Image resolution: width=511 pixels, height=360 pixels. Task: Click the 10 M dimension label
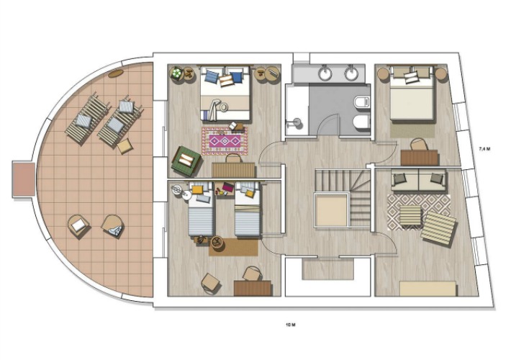point(290,325)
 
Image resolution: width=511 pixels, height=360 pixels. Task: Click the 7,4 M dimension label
point(484,149)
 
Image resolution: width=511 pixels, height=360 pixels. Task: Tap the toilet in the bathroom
point(362,102)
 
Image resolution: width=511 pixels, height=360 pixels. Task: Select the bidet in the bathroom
point(361,121)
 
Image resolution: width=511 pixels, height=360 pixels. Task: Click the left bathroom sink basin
point(325,74)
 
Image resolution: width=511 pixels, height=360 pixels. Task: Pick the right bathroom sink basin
point(352,74)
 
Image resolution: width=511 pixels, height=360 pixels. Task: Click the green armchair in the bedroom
point(186,161)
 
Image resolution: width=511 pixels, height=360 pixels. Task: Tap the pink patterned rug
point(225,141)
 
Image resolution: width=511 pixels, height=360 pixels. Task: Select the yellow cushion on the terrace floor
point(125,146)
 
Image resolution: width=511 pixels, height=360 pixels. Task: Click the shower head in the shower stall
point(297,122)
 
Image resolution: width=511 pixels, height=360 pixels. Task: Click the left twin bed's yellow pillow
point(197,190)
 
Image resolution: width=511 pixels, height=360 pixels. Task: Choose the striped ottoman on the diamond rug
point(410,215)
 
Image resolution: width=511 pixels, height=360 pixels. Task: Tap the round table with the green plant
point(177,73)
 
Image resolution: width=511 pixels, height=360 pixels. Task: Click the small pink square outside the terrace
point(24,179)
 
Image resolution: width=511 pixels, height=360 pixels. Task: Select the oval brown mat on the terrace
point(116,73)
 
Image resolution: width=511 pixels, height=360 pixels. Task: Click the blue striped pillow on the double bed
point(212,76)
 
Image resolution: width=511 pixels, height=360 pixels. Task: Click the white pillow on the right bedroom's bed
point(411,78)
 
